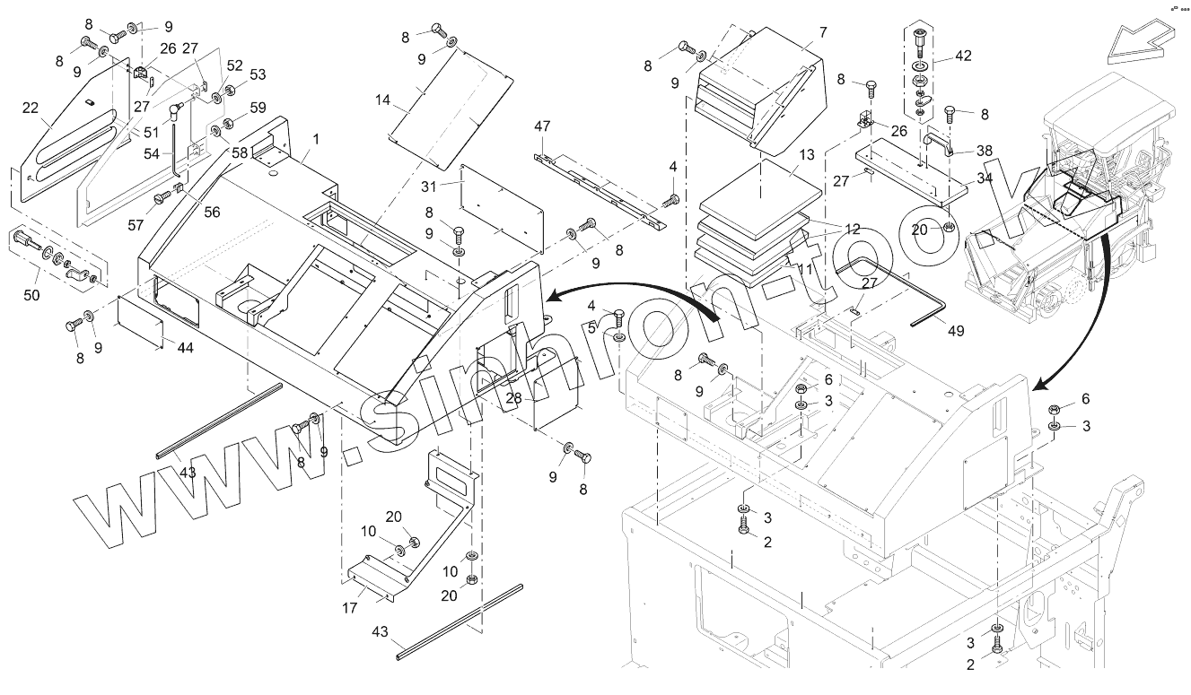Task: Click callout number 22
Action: point(31,108)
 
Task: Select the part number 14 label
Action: point(383,100)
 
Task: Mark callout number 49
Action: point(955,331)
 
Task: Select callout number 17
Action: point(350,607)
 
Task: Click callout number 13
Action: point(807,155)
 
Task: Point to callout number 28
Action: point(512,397)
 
